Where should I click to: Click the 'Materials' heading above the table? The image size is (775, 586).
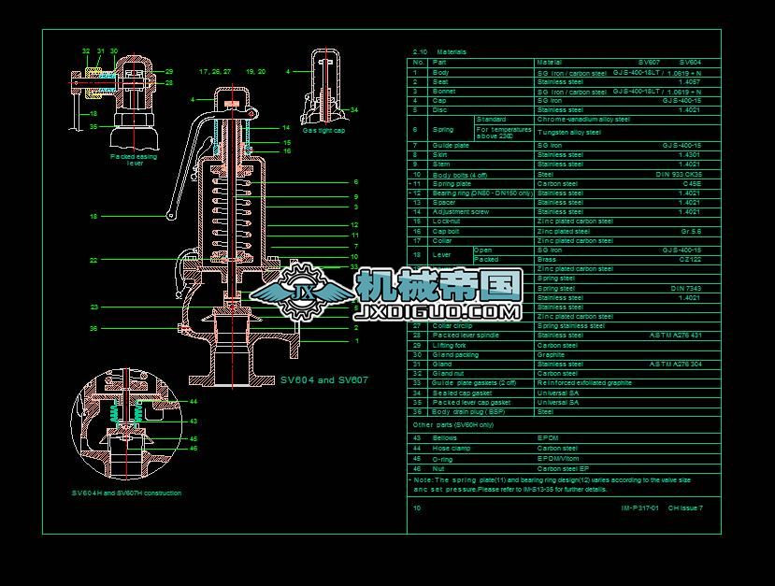click(451, 52)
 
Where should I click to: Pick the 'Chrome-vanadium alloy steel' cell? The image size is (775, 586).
click(583, 120)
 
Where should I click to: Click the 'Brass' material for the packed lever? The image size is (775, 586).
click(546, 259)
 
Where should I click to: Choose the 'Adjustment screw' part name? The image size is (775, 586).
click(461, 212)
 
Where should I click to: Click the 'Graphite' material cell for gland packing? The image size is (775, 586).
click(552, 354)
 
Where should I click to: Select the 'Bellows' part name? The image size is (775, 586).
click(445, 437)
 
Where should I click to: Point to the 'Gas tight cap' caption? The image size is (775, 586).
click(323, 131)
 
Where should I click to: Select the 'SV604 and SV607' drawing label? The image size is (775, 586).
click(324, 380)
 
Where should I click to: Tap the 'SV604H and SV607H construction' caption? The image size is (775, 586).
click(126, 493)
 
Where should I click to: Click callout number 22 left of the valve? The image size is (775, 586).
click(93, 260)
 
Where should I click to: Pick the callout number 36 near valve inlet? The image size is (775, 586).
click(93, 328)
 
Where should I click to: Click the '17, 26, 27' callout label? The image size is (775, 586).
click(215, 71)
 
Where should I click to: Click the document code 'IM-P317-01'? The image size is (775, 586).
click(640, 507)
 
